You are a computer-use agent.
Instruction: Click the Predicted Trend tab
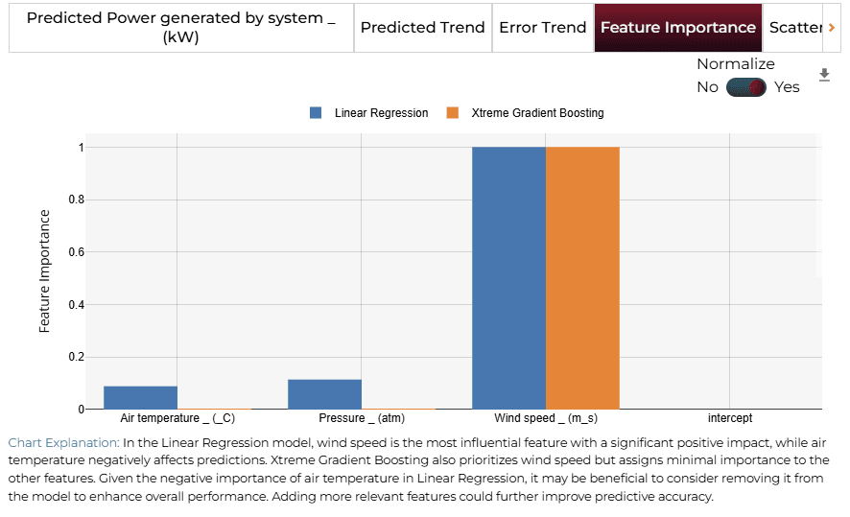click(x=422, y=28)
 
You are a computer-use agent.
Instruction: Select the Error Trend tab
click(x=543, y=28)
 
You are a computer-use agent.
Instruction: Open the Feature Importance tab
click(x=678, y=28)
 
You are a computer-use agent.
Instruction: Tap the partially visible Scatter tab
click(x=794, y=28)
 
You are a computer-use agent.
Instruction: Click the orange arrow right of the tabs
click(x=832, y=28)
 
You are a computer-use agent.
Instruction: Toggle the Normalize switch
click(x=746, y=87)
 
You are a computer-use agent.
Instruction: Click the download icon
click(x=824, y=75)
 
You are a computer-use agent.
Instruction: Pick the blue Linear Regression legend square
click(x=316, y=113)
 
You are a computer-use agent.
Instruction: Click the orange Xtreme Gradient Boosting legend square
click(x=452, y=113)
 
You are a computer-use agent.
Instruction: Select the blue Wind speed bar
click(x=508, y=278)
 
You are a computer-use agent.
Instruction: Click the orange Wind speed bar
click(x=582, y=278)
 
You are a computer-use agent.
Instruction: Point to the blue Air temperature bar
click(x=140, y=398)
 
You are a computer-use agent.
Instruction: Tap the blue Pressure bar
click(x=324, y=394)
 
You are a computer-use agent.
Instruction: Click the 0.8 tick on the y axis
click(x=77, y=200)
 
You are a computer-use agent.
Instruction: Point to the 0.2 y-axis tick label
click(x=77, y=357)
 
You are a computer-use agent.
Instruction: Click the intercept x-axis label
click(x=730, y=418)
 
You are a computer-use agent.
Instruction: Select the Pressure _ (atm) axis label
click(x=362, y=418)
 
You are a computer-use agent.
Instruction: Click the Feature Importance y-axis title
click(x=44, y=270)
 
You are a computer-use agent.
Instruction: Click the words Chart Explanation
click(x=63, y=443)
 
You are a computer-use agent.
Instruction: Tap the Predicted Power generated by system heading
click(x=181, y=28)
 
